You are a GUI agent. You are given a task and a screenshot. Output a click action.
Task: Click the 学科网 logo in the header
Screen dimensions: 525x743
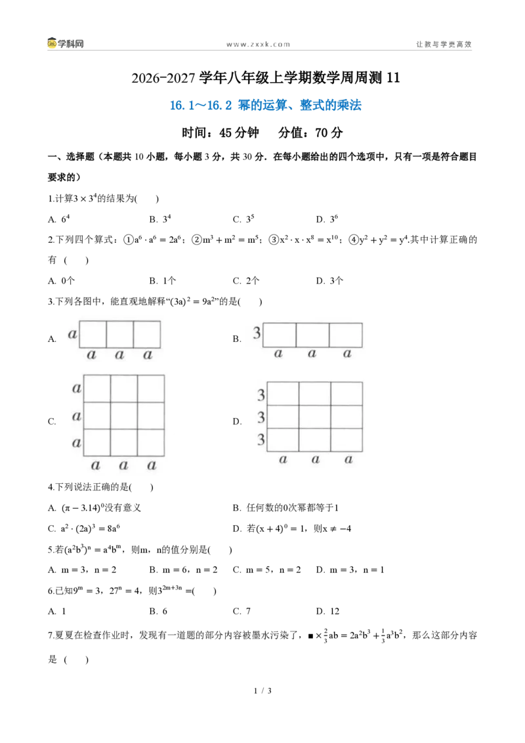(66, 43)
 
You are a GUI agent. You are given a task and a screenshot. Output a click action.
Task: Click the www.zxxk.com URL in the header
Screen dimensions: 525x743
(259, 45)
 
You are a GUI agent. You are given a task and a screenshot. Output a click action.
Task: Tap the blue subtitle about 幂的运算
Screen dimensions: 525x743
(265, 105)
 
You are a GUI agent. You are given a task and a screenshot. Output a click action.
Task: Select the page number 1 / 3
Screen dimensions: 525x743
(262, 690)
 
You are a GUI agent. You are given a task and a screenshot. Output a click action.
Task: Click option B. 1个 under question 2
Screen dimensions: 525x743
(163, 280)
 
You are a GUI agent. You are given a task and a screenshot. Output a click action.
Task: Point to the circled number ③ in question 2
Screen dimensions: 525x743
(274, 240)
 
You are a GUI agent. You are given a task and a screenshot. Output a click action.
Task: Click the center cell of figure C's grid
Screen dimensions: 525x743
(124, 415)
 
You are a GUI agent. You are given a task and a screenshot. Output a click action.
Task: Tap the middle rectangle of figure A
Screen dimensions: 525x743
(119, 335)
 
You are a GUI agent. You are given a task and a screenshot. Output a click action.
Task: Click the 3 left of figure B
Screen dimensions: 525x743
(257, 333)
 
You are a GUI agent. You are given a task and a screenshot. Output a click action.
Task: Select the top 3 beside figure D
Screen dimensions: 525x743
(261, 394)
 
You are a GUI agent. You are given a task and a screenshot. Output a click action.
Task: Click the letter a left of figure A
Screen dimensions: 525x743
(72, 334)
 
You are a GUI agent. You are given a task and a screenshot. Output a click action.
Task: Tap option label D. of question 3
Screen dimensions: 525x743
(237, 421)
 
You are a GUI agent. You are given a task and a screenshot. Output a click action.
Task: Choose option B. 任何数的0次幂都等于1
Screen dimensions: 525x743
(285, 508)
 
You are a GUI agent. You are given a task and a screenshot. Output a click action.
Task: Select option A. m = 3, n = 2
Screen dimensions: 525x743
(82, 570)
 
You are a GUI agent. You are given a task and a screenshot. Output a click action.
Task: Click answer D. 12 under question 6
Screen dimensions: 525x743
(328, 611)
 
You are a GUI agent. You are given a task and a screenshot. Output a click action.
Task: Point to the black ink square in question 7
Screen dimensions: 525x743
(311, 636)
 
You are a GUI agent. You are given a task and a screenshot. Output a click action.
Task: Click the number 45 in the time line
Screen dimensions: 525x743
(226, 133)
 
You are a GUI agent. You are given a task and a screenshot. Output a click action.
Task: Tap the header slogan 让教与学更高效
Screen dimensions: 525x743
(444, 44)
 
